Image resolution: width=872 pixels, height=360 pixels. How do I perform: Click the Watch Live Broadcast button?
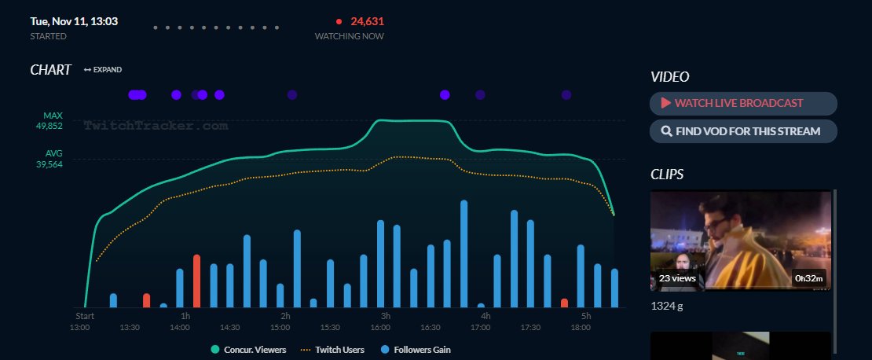742,103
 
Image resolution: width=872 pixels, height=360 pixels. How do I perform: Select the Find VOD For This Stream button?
742,131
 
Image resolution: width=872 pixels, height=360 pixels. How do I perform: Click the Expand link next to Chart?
103,70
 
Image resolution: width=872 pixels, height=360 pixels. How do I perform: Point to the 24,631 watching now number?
362,21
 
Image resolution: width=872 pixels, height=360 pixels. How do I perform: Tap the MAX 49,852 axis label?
53,120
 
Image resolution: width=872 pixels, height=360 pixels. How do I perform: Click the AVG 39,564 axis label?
53,159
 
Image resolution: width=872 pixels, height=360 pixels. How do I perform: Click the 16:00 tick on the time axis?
380,327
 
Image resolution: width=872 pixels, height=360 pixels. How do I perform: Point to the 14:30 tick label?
230,327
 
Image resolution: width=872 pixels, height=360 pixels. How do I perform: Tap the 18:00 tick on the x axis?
581,327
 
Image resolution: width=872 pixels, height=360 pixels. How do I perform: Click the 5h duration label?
586,316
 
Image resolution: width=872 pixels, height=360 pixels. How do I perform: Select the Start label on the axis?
85,316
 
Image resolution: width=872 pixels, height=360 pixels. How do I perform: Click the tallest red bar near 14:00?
196,281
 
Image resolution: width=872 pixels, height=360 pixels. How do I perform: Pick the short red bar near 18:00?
564,303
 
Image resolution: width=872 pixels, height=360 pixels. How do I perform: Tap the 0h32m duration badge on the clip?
808,277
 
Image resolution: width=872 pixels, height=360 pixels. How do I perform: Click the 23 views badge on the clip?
677,277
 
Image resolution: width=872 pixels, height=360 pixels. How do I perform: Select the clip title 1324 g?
667,306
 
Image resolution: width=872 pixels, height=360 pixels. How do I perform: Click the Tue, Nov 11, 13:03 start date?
74,21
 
